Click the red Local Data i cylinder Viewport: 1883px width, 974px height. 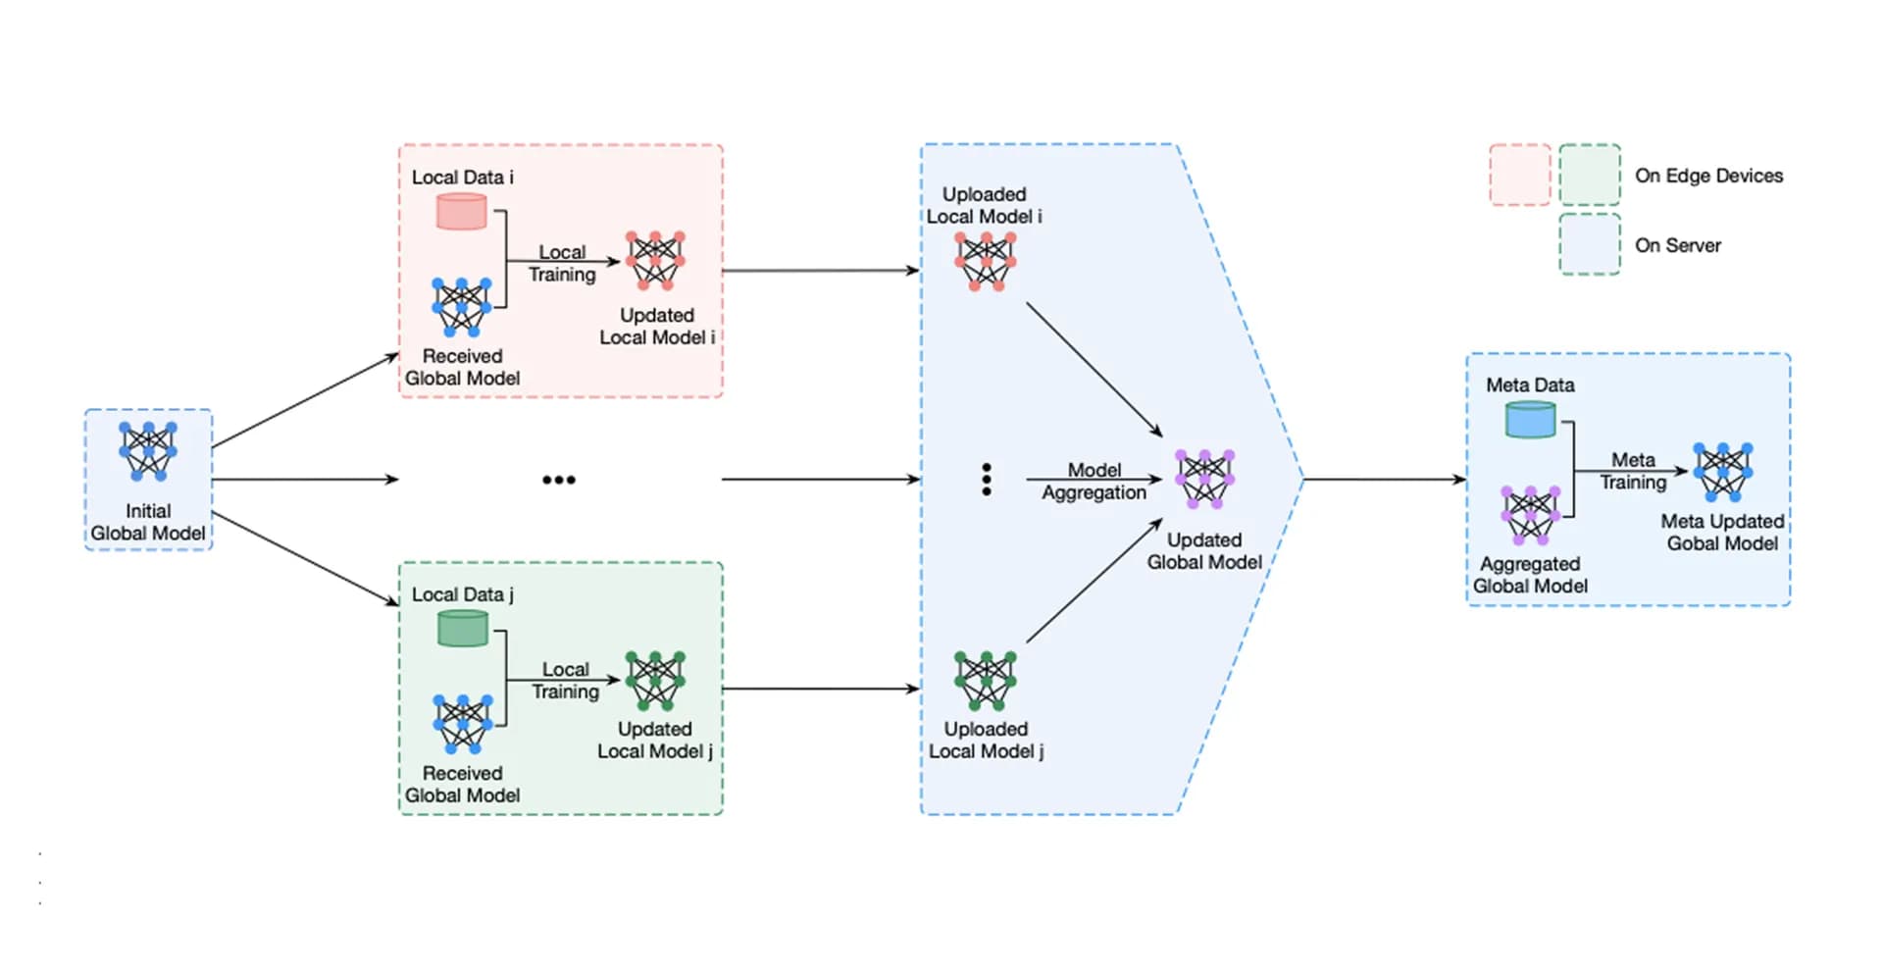tap(461, 211)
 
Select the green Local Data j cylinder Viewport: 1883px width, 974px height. tap(462, 628)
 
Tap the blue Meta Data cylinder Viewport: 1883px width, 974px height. tap(1530, 419)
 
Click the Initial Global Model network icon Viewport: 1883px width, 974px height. tap(148, 450)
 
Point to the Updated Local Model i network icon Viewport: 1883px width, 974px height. tap(655, 261)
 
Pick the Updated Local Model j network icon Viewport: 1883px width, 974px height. tap(655, 680)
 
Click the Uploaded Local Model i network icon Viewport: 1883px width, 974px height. tap(986, 262)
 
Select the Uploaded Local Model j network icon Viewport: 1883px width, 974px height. tap(986, 680)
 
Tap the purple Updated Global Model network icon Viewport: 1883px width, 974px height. tap(1204, 480)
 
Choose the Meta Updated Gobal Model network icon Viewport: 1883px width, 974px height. tap(1722, 472)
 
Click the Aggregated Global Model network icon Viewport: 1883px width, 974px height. tap(1530, 515)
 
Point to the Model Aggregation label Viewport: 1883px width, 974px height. tap(1094, 482)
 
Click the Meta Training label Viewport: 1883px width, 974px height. tap(1633, 471)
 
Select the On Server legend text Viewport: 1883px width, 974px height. tap(1678, 245)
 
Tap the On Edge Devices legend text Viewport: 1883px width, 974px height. tap(1708, 176)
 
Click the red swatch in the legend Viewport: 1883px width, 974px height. tap(1520, 175)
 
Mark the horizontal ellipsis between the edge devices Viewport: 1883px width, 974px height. tap(559, 480)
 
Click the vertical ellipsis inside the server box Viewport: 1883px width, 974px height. tap(987, 480)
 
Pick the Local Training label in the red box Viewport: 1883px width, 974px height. tap(562, 263)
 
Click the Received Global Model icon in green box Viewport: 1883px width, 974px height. tap(462, 724)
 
